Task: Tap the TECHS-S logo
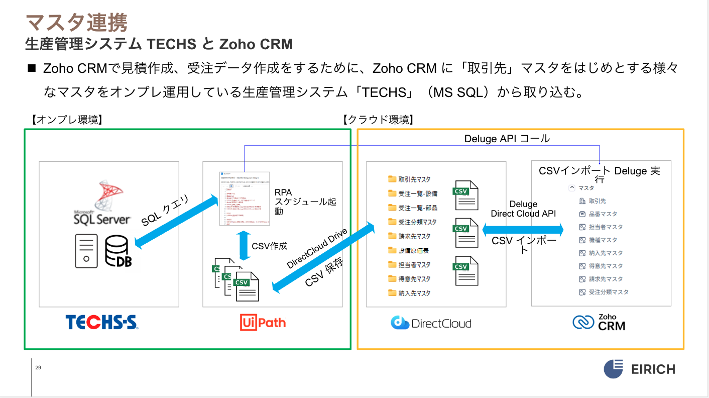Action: (x=101, y=322)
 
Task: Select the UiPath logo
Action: (x=263, y=322)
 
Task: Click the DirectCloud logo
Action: (x=431, y=323)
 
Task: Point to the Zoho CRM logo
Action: (x=599, y=323)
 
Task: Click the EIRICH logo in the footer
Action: (x=639, y=369)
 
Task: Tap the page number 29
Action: (x=38, y=368)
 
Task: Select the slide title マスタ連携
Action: (x=76, y=23)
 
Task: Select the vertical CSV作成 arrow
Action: (x=244, y=246)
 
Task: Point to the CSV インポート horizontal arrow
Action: (x=523, y=230)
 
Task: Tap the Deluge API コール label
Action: (x=507, y=138)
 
